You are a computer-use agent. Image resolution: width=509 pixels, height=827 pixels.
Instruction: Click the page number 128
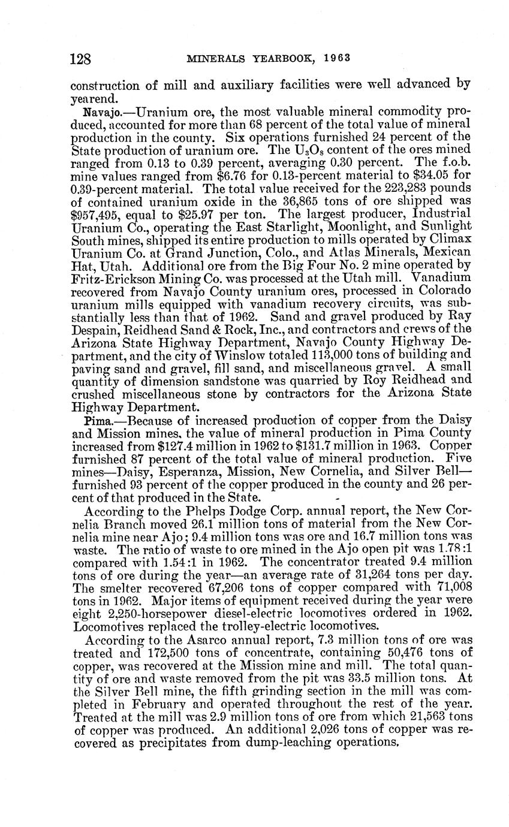click(x=80, y=59)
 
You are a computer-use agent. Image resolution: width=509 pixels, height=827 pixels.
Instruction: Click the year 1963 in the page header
click(x=337, y=59)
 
